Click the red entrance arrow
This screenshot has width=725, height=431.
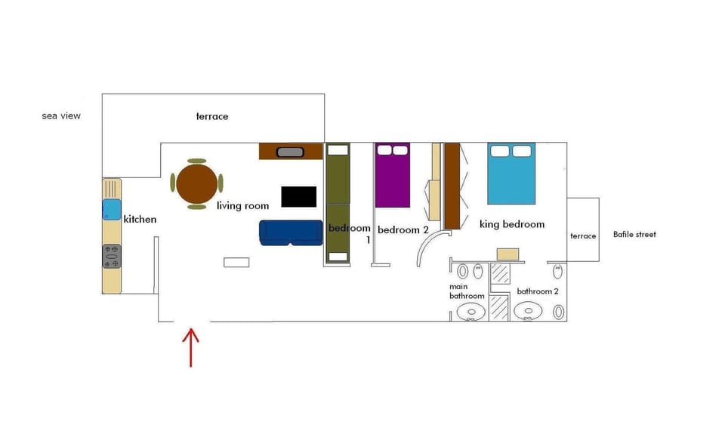click(190, 347)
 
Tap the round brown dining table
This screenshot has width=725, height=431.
click(197, 183)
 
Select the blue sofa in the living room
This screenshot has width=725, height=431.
click(291, 232)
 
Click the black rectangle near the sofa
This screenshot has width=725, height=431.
click(299, 197)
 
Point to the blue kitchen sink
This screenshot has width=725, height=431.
click(112, 210)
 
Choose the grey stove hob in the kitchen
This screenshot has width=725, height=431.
click(112, 257)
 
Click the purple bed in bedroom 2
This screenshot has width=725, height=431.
click(393, 175)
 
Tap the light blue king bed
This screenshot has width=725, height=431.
click(511, 174)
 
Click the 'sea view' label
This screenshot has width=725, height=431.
click(61, 115)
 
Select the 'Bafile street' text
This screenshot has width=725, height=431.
click(634, 234)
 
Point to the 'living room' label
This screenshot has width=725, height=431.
click(242, 205)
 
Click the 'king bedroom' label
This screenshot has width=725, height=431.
click(512, 224)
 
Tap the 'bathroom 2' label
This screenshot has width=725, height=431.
click(537, 291)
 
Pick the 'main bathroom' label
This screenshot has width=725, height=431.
click(467, 291)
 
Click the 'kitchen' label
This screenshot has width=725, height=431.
click(140, 220)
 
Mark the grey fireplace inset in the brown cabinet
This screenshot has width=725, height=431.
click(290, 152)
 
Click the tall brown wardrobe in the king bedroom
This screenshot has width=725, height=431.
click(452, 186)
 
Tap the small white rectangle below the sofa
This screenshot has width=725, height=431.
click(236, 263)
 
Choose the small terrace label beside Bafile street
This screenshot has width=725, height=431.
click(583, 236)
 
